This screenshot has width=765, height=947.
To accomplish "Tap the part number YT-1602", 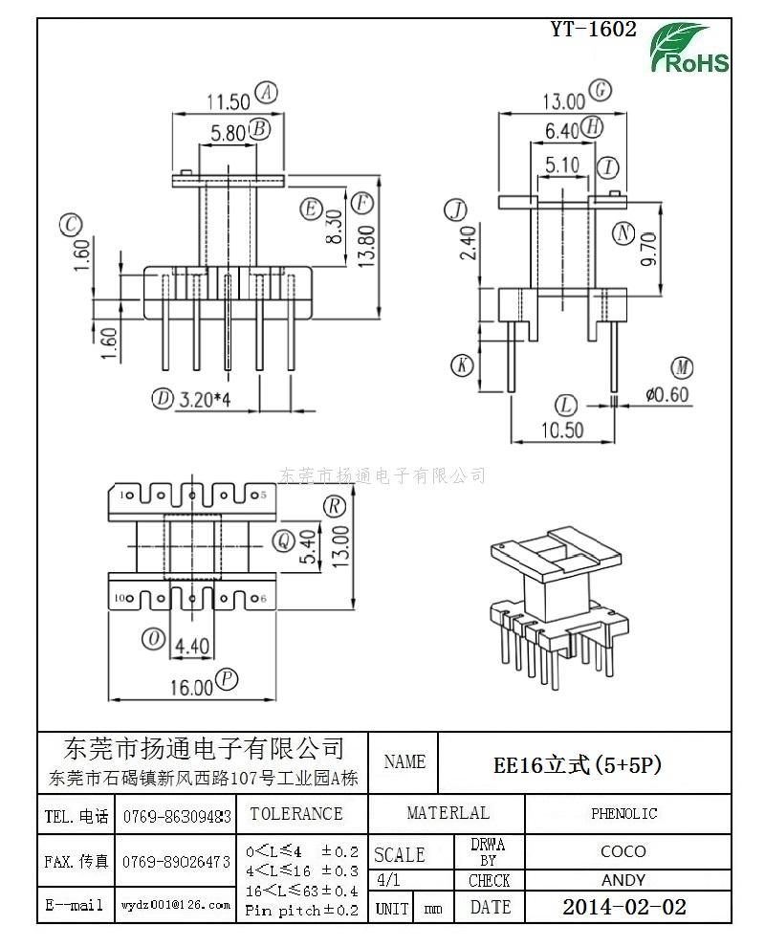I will pos(593,30).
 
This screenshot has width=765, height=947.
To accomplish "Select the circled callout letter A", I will pos(269,93).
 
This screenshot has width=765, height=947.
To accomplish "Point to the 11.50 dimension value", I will pos(228,99).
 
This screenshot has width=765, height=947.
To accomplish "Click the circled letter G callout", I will pos(600,91).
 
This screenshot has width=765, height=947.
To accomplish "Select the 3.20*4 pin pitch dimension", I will pos(206,399).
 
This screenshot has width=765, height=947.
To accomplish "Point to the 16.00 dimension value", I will pos(192,686).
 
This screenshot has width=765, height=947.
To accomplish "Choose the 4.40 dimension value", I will pos(191,647).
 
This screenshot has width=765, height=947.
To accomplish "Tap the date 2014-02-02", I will pos(623,907).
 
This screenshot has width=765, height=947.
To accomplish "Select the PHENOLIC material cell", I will pos(623,814).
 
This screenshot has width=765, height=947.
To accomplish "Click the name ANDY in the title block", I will pos(623,880).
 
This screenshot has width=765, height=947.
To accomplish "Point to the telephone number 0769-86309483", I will pos(176,817).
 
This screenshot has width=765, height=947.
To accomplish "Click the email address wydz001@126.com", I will pos(176,904).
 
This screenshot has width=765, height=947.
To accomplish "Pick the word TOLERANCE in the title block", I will pos(295,814).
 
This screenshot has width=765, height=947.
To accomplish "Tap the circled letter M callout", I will pos(682,368).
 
